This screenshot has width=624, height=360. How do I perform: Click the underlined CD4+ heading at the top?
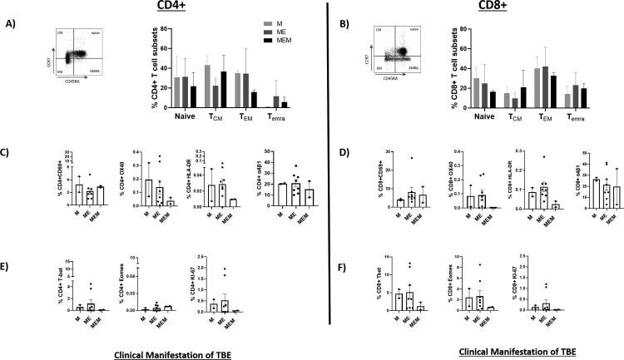[171, 8]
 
